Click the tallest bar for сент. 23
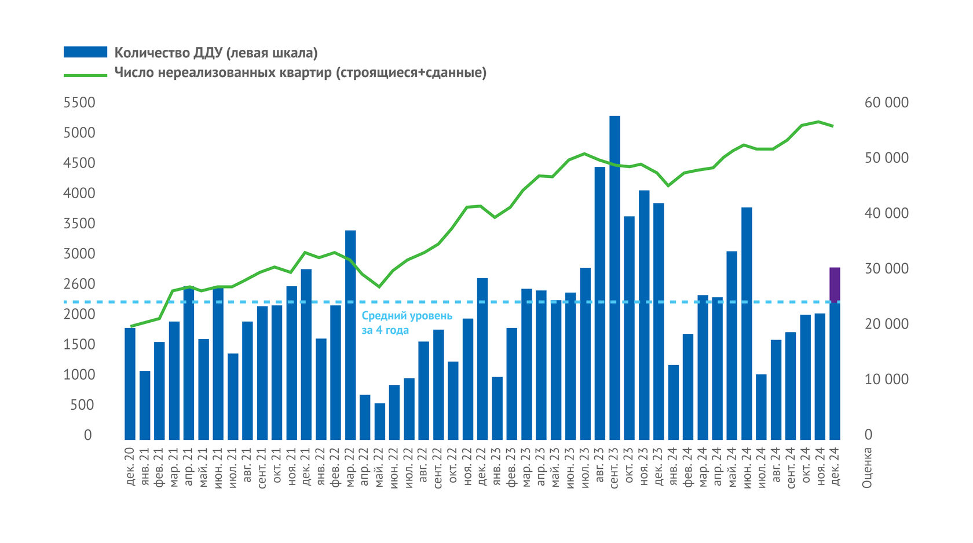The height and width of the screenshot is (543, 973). pyautogui.click(x=614, y=278)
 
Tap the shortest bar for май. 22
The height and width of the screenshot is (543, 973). pyautogui.click(x=380, y=421)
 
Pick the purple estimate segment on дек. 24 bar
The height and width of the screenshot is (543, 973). pyautogui.click(x=835, y=284)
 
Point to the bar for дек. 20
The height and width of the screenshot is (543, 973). pyautogui.click(x=130, y=384)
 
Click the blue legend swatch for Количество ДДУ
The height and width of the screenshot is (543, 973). pyautogui.click(x=85, y=53)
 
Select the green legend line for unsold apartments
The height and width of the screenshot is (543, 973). pyautogui.click(x=85, y=74)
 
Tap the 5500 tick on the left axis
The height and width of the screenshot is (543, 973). pyautogui.click(x=79, y=103)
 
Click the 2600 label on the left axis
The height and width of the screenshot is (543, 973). pyautogui.click(x=79, y=284)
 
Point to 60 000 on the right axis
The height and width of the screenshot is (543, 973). pyautogui.click(x=886, y=103)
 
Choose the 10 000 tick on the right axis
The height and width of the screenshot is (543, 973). pyautogui.click(x=886, y=380)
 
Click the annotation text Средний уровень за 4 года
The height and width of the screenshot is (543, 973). pyautogui.click(x=407, y=323)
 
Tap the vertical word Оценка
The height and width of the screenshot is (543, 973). pyautogui.click(x=867, y=467)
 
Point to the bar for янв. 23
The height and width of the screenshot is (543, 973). pyautogui.click(x=498, y=408)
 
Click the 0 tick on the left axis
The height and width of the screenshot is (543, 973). pyautogui.click(x=87, y=435)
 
